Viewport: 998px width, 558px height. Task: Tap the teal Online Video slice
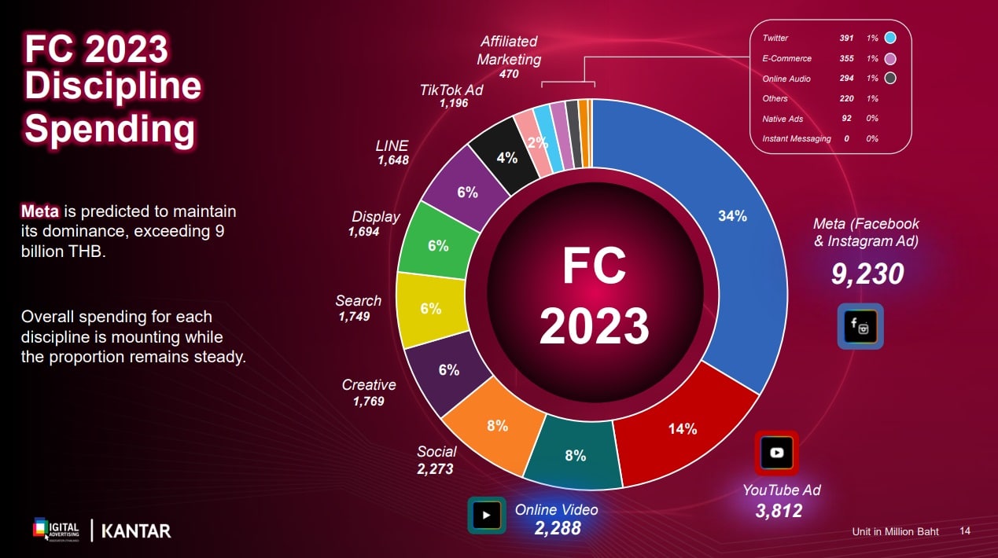point(574,453)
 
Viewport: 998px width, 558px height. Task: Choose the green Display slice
point(437,245)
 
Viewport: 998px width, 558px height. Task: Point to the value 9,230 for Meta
point(867,273)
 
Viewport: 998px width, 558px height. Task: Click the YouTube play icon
point(776,452)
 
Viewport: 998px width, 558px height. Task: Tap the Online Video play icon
point(487,516)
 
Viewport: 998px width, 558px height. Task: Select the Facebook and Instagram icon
point(860,325)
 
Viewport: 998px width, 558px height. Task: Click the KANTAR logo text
point(136,530)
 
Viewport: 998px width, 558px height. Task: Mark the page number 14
point(965,531)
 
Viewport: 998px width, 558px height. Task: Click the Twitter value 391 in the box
point(846,38)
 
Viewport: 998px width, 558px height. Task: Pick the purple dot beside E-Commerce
point(889,58)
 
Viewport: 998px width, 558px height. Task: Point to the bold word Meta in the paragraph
point(40,211)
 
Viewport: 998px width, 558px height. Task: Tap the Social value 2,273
point(435,469)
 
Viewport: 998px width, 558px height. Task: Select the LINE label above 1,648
point(392,145)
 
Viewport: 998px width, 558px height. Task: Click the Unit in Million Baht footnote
point(895,532)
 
